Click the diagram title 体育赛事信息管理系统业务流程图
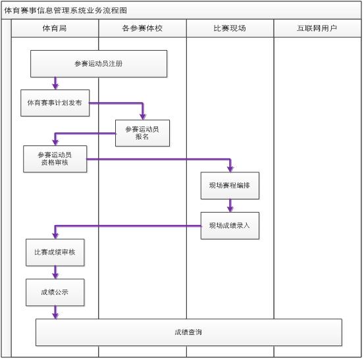coord(66,11)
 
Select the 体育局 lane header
coord(55,28)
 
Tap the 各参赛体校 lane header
coord(142,28)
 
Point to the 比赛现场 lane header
coord(230,28)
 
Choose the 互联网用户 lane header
coord(317,28)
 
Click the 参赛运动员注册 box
coord(99,64)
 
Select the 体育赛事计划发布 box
coord(55,103)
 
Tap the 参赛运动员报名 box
coord(142,133)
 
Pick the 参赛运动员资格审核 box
coord(55,159)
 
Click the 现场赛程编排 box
coord(230,186)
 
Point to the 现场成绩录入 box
coord(230,225)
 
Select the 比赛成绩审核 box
coord(55,252)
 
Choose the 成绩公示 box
coord(55,292)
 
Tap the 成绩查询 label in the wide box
coord(188,332)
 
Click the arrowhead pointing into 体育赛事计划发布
coord(55,86)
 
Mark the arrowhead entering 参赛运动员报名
coord(143,116)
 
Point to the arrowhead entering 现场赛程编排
coord(230,168)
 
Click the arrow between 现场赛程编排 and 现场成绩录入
coord(230,205)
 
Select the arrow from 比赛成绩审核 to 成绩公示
coord(55,272)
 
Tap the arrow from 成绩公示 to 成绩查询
coord(55,313)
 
